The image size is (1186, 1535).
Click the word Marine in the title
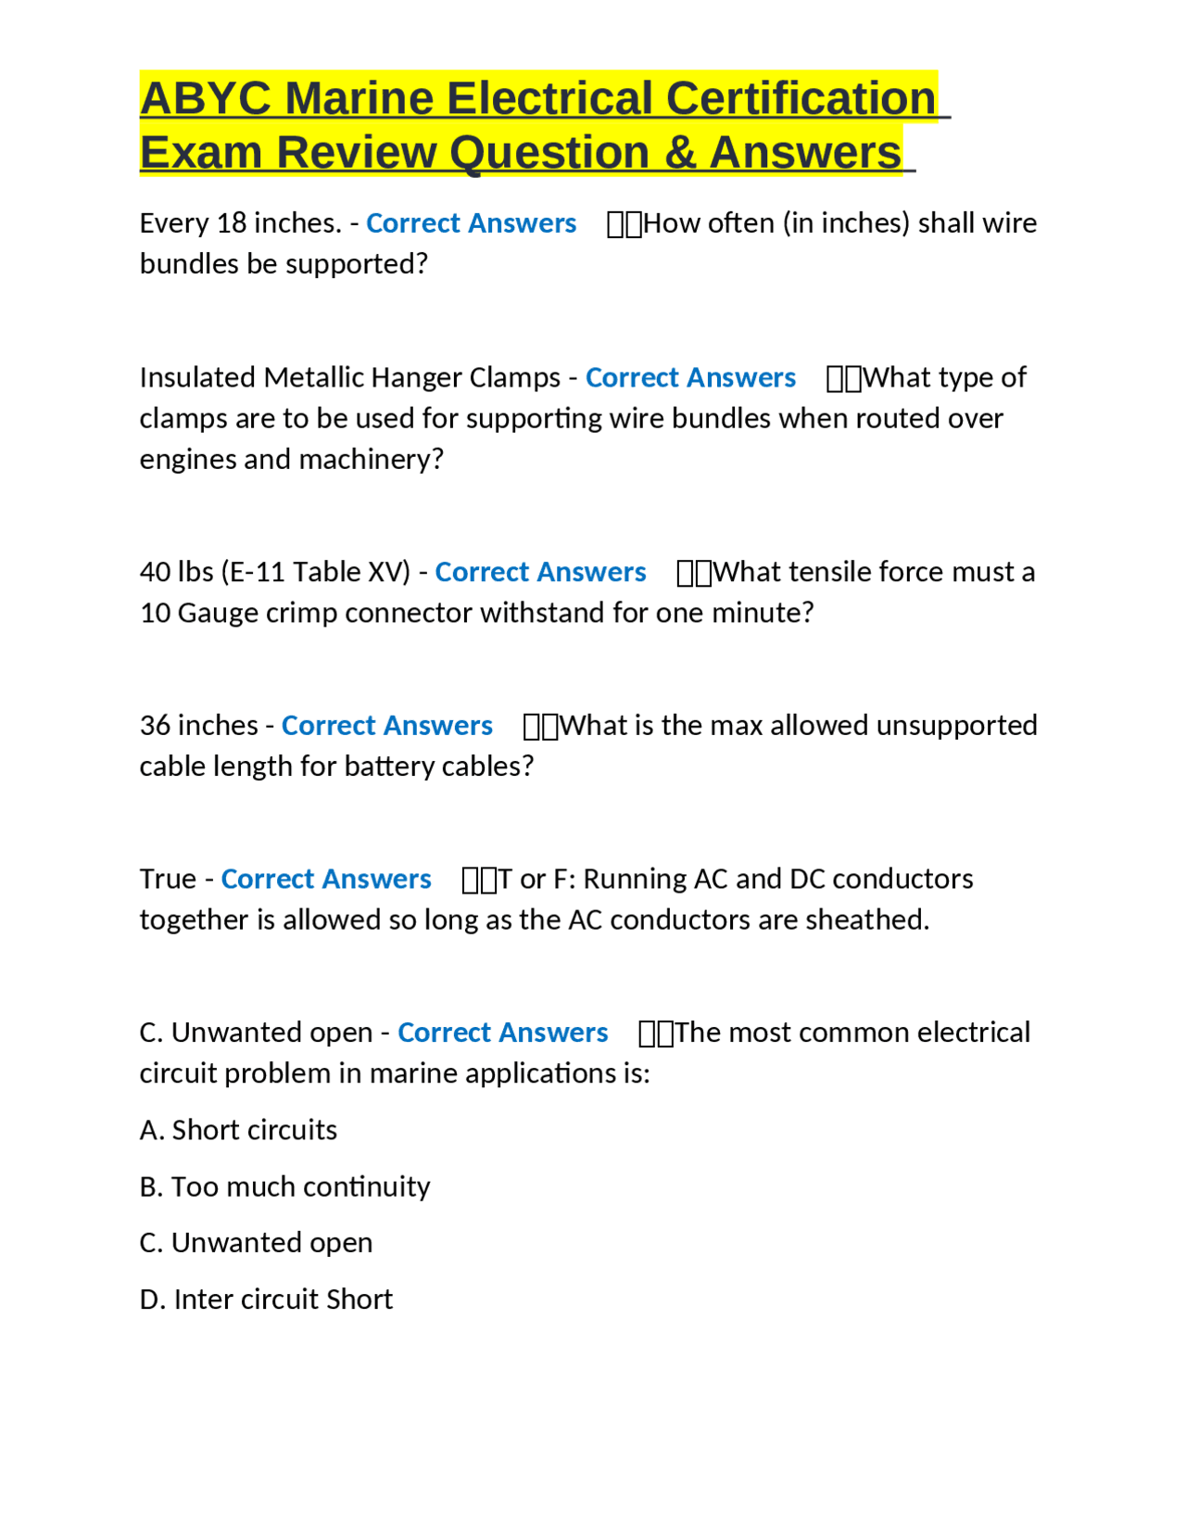[x=359, y=98]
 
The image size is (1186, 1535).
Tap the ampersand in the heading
[x=679, y=152]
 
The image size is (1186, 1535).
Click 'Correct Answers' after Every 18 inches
[x=471, y=223]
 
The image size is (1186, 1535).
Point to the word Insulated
[x=197, y=377]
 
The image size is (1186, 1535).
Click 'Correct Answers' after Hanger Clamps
[x=690, y=377]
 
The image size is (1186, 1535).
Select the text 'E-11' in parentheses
[x=257, y=572]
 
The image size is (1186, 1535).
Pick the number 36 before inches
[x=155, y=725]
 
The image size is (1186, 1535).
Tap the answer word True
[x=168, y=879]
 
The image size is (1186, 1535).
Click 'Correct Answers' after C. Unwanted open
[x=502, y=1033]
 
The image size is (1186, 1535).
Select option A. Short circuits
[x=238, y=1130]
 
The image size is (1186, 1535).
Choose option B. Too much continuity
[x=284, y=1186]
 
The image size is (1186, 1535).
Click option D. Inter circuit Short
[x=266, y=1299]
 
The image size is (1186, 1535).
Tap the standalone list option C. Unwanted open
[x=256, y=1242]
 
